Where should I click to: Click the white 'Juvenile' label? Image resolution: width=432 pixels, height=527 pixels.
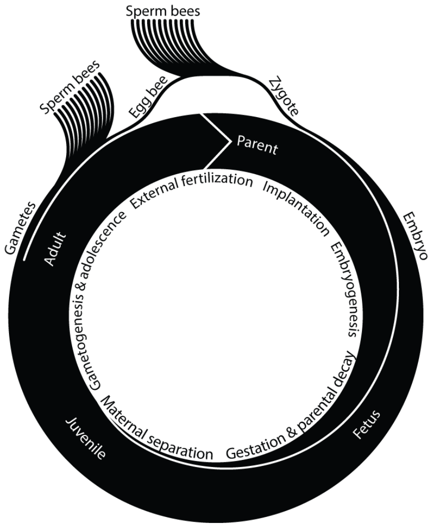(86, 438)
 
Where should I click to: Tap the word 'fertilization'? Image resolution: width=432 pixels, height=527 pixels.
(217, 180)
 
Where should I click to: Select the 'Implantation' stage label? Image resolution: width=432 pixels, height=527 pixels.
(295, 207)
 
